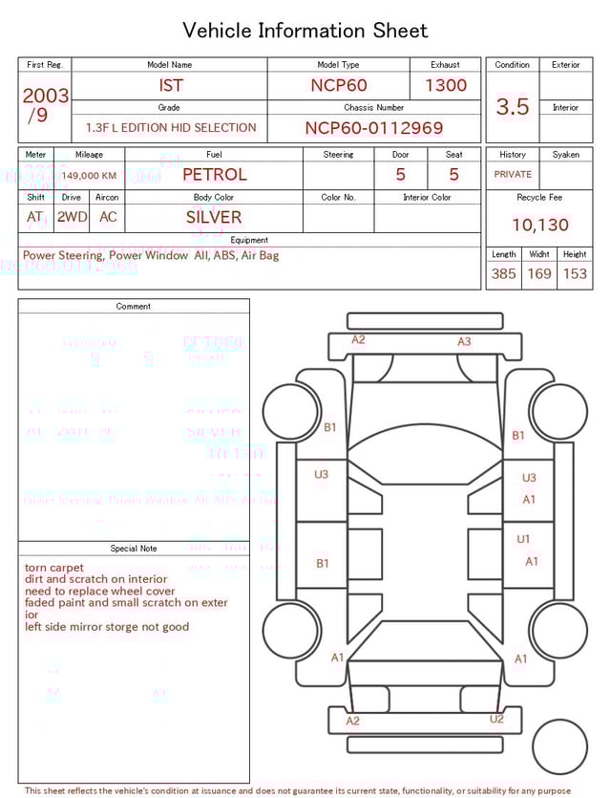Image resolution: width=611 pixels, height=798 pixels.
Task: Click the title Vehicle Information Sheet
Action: pyautogui.click(x=305, y=31)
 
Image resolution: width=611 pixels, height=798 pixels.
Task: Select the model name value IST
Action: pyautogui.click(x=171, y=85)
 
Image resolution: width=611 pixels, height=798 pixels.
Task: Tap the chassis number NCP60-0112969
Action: pyautogui.click(x=373, y=128)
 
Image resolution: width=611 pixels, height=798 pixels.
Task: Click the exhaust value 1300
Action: pyautogui.click(x=446, y=85)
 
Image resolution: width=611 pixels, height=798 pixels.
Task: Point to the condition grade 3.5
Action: pyautogui.click(x=513, y=107)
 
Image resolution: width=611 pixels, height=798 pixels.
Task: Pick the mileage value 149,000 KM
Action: pyautogui.click(x=89, y=176)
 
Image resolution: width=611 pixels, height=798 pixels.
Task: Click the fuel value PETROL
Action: pyautogui.click(x=214, y=175)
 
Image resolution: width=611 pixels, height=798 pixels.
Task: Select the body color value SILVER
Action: pyautogui.click(x=214, y=217)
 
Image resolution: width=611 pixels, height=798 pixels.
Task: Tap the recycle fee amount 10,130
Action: pyautogui.click(x=539, y=225)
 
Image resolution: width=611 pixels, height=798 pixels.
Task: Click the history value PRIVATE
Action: pyautogui.click(x=513, y=175)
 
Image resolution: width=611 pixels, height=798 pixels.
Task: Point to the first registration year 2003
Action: pyautogui.click(x=45, y=96)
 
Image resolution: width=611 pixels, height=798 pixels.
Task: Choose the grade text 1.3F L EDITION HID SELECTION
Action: pyautogui.click(x=171, y=128)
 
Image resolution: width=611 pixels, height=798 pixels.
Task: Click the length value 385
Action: pyautogui.click(x=503, y=273)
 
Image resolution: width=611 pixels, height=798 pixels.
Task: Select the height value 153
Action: pyautogui.click(x=575, y=273)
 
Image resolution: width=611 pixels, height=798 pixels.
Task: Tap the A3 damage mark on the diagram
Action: pyautogui.click(x=464, y=341)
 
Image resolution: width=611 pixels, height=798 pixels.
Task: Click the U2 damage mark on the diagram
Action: pyautogui.click(x=496, y=719)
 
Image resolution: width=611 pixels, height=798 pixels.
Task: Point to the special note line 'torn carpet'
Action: pyautogui.click(x=53, y=568)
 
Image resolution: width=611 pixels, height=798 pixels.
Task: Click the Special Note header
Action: pyautogui.click(x=134, y=549)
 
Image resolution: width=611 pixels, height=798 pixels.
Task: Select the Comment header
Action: pyautogui.click(x=134, y=306)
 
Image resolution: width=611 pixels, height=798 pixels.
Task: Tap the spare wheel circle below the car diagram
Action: pyautogui.click(x=560, y=747)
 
